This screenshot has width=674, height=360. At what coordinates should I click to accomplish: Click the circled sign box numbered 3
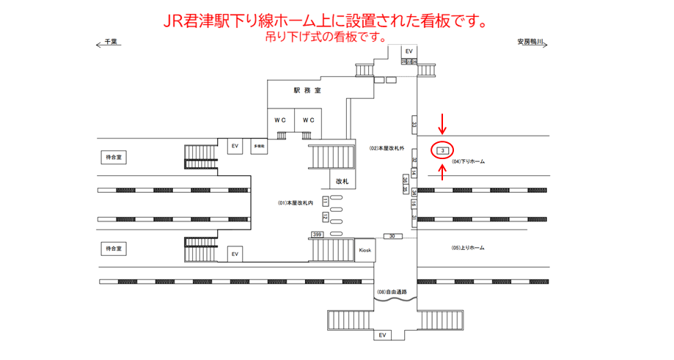coord(442,150)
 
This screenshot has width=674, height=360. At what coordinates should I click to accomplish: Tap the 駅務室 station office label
coord(307,91)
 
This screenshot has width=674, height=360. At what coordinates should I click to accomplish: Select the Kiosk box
coord(365,250)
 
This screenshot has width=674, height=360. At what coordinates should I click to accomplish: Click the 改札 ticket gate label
coord(343,180)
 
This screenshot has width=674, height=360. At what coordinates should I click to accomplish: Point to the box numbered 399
coord(317,234)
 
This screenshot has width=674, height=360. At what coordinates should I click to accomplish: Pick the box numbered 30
coord(392,236)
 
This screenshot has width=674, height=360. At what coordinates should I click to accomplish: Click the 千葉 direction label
coord(111,43)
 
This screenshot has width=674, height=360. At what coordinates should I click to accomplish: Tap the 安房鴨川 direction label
coord(530,43)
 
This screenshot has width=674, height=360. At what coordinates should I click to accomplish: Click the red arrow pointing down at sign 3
coord(442,122)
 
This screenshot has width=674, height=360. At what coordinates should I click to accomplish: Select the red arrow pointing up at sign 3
coord(442,174)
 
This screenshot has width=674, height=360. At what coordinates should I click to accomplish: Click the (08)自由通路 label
coord(392,292)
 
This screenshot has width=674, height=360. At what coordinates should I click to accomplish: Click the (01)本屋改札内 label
coord(296,202)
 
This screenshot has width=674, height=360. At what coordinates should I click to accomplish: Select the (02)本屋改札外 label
coord(387,149)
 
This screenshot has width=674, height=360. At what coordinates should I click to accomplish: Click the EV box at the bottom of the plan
coord(381,335)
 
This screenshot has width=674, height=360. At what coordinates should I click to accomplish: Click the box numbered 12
coord(324,216)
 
